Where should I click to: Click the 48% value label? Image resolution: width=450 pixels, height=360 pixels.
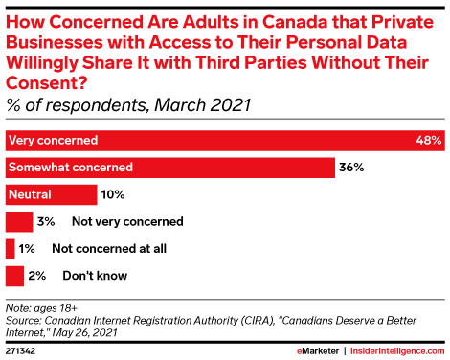429,140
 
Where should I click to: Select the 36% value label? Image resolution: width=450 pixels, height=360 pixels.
351,168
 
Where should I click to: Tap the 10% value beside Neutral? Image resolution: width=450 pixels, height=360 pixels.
113,194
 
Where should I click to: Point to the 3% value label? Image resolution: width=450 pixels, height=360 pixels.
46,221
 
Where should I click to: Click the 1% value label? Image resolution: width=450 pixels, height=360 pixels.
27,249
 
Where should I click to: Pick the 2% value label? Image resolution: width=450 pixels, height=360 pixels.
37,276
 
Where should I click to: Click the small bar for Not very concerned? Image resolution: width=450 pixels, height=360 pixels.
19,221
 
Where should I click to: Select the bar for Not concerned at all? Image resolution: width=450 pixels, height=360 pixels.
11,249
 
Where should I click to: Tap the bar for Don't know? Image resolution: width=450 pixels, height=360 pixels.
14,276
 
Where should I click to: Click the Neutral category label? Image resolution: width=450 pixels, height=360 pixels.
30,194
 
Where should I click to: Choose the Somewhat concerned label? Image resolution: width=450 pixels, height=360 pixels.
71,168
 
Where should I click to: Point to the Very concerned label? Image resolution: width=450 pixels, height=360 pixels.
53,141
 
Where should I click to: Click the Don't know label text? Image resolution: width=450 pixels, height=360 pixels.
95,276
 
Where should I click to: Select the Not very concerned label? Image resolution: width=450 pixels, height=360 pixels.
127,221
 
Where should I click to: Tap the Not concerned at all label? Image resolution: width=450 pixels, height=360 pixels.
109,249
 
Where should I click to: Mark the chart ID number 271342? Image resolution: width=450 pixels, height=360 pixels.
20,351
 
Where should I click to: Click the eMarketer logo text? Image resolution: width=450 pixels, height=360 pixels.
318,351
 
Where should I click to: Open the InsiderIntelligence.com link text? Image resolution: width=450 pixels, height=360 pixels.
397,351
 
